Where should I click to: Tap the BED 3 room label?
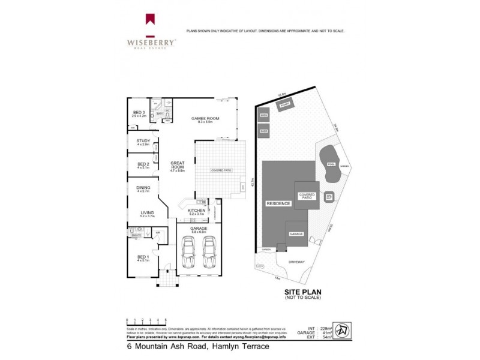[139, 112]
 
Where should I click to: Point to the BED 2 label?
[143, 165]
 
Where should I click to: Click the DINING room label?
[143, 189]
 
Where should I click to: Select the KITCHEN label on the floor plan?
[197, 211]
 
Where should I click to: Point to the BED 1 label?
[142, 259]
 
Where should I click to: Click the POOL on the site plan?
[330, 164]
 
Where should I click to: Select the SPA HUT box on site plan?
[329, 196]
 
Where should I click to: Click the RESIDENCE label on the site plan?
[278, 204]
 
